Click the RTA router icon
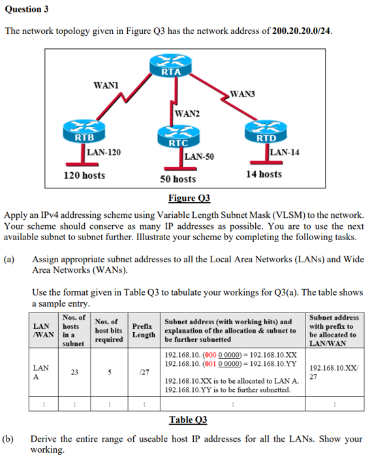point(170,65)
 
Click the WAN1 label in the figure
point(106,85)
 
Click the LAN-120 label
point(104,152)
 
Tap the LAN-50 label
point(200,157)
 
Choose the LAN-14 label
point(284,152)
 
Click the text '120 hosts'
point(84,175)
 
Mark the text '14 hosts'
point(264,174)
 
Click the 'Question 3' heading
point(27,10)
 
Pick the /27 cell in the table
point(143,372)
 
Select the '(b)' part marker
point(11,438)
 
